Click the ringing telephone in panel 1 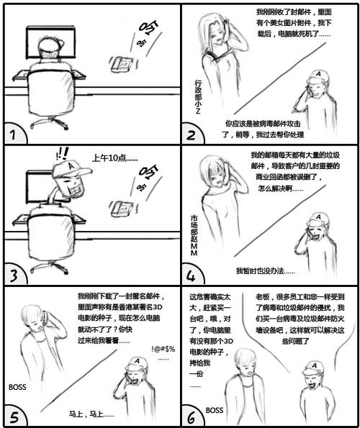coord(122,64)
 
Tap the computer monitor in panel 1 coord(51,42)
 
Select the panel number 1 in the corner coord(12,135)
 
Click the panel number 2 coord(191,135)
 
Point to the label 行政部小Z coord(198,96)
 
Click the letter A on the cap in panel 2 coord(318,74)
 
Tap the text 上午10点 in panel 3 coord(115,158)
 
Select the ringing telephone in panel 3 coord(122,209)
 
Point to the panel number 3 coord(14,276)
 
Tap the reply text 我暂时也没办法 coord(266,271)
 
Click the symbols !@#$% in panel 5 coord(163,349)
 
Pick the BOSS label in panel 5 coord(17,387)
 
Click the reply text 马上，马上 coord(91,414)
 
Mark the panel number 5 coord(14,416)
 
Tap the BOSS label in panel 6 coord(215,410)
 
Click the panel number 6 coord(191,416)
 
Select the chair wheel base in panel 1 coord(49,123)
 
